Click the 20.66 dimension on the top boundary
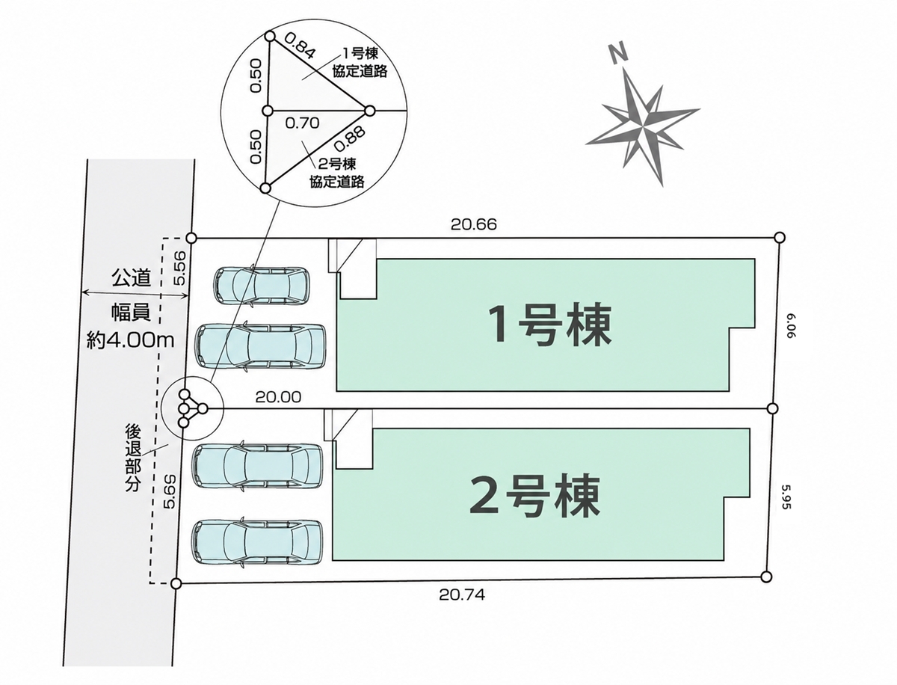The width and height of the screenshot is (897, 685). point(474,224)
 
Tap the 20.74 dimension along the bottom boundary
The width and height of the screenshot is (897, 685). point(462,595)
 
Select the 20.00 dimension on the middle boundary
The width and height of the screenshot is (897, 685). point(278,397)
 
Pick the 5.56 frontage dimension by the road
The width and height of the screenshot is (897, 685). point(180,268)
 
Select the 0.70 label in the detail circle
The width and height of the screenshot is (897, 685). point(302,123)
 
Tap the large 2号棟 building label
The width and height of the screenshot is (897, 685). point(535,495)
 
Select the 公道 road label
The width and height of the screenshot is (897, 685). point(131,278)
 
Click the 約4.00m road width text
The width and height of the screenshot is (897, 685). point(131,340)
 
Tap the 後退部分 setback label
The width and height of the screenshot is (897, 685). point(133,458)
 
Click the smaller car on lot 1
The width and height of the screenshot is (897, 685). point(262,285)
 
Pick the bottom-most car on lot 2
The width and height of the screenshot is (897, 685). point(257,542)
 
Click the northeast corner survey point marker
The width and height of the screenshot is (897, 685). point(780,238)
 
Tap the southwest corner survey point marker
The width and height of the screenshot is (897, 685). point(176,583)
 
